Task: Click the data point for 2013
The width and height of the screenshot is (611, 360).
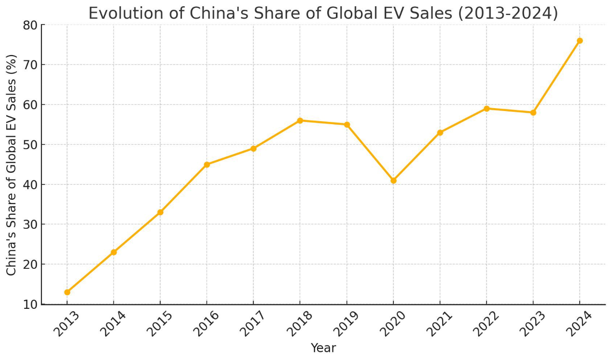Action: point(67,292)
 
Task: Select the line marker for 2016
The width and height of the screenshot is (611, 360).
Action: point(207,165)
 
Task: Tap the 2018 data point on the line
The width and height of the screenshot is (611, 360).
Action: point(300,121)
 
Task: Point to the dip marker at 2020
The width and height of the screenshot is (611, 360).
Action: point(393,180)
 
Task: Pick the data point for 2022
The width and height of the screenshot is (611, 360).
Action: point(486,109)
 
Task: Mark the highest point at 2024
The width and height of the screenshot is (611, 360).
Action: point(580,41)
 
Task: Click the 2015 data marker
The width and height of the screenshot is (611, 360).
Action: point(160,212)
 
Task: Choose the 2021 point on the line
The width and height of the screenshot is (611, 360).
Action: point(440,133)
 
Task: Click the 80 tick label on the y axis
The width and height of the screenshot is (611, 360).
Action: point(30,25)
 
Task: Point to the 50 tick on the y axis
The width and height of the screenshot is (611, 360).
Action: point(30,145)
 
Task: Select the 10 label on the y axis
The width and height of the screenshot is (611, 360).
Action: point(30,305)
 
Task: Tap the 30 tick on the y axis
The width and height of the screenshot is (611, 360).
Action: point(30,224)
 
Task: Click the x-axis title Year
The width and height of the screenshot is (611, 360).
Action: point(323,348)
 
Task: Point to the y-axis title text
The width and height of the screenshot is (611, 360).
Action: point(12,165)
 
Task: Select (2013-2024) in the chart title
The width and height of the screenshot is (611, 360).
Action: point(508,13)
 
